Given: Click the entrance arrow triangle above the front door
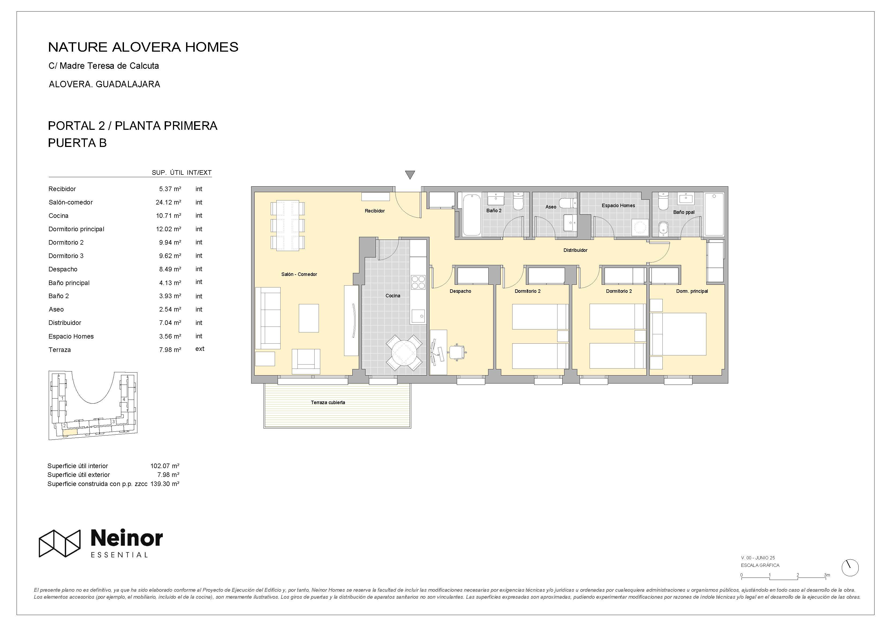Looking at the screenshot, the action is pyautogui.click(x=410, y=175).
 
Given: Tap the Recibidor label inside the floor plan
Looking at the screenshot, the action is pyautogui.click(x=375, y=211).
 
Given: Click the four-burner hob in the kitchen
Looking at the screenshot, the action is pyautogui.click(x=418, y=282).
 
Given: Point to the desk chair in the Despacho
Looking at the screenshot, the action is pyautogui.click(x=457, y=352).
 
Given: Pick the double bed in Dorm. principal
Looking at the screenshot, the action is pyautogui.click(x=678, y=334).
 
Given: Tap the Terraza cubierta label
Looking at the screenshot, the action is pyautogui.click(x=328, y=402).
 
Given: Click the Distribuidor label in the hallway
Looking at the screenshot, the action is pyautogui.click(x=575, y=250).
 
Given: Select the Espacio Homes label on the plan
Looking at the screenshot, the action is pyautogui.click(x=618, y=206).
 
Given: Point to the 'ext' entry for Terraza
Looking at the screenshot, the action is pyautogui.click(x=200, y=349).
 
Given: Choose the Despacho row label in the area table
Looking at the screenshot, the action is pyautogui.click(x=63, y=269).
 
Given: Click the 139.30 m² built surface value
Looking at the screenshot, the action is pyautogui.click(x=165, y=484).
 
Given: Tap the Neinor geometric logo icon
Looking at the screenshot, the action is pyautogui.click(x=60, y=543).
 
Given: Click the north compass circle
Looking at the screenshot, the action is pyautogui.click(x=850, y=568).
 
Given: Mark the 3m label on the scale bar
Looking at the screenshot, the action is pyautogui.click(x=827, y=575).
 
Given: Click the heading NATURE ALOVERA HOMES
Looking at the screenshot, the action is pyautogui.click(x=143, y=47).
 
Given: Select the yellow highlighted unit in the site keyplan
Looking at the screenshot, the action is pyautogui.click(x=70, y=432).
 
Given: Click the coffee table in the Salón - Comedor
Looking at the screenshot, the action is pyautogui.click(x=309, y=318).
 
